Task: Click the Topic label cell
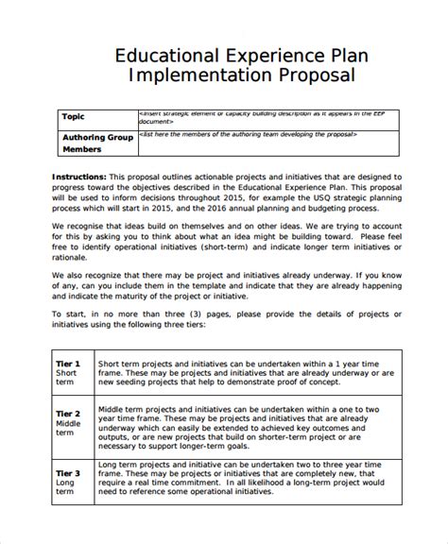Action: [73, 117]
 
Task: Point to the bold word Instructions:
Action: [79, 176]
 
